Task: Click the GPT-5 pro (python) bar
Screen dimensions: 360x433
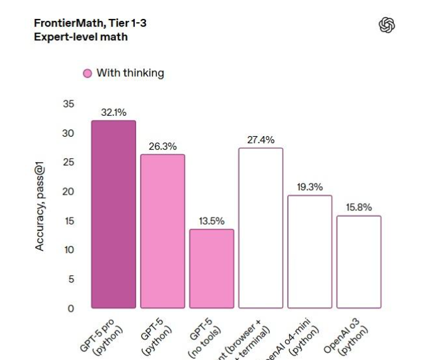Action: (113, 214)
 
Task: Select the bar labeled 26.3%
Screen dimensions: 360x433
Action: (163, 231)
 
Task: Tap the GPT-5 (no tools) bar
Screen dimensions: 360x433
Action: (212, 268)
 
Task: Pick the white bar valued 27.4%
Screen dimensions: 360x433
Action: (260, 228)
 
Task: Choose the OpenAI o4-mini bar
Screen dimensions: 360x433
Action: (310, 251)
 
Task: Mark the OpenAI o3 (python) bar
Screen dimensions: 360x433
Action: (359, 262)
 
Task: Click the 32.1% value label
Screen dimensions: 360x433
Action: (113, 113)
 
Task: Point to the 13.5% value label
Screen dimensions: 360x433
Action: (212, 221)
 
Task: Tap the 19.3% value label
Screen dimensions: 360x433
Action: (310, 187)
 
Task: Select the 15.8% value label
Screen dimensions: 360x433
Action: (359, 208)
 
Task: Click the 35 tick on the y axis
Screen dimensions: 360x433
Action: (68, 104)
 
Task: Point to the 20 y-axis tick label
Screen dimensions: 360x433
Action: (68, 191)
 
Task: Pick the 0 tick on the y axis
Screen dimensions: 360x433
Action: (71, 308)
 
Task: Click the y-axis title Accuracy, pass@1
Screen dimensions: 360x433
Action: (40, 208)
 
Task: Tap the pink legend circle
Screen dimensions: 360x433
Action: (87, 74)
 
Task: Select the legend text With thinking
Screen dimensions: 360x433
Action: (130, 73)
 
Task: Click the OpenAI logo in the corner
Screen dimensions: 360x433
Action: (387, 25)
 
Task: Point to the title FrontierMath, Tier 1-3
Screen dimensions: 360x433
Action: (90, 23)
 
